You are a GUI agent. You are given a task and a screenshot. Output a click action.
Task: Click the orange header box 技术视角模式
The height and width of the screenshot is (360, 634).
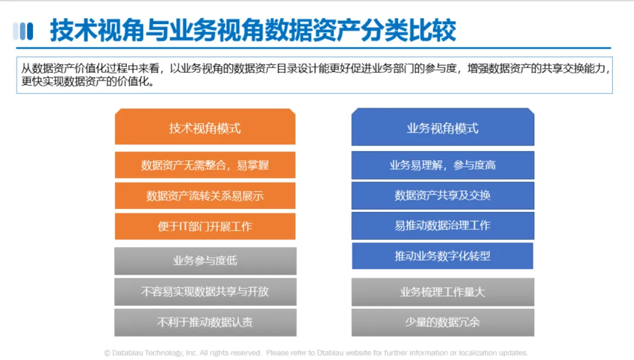tap(205, 127)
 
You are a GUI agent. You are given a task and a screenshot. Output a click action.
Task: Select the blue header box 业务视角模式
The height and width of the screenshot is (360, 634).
tap(443, 127)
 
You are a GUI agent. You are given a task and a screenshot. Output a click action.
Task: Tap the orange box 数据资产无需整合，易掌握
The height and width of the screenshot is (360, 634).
tap(205, 165)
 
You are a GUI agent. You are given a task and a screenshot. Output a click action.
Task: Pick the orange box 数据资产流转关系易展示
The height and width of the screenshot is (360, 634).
tap(205, 196)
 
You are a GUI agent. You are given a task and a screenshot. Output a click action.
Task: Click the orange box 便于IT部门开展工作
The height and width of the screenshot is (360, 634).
tap(205, 226)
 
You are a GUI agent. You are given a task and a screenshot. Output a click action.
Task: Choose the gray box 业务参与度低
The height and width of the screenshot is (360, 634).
tap(205, 261)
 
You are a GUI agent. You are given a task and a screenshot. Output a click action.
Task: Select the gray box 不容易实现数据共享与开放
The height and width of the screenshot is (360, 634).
tap(205, 292)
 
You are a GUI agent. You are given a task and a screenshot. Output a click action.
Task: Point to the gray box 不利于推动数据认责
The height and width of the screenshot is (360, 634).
tap(205, 322)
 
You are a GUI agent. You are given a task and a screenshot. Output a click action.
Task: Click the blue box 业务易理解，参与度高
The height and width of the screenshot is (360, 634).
tap(443, 165)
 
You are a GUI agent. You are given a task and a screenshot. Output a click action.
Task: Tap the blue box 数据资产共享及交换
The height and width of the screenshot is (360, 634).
tap(443, 196)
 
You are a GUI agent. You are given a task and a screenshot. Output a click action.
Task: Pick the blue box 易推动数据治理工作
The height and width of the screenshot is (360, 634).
tap(443, 226)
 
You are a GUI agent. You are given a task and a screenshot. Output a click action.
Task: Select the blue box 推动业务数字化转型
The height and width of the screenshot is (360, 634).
tap(443, 256)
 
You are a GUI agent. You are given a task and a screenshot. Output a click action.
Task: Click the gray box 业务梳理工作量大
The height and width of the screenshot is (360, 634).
tap(443, 292)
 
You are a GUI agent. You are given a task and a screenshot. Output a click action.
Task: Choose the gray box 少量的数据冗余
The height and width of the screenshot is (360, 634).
tap(443, 322)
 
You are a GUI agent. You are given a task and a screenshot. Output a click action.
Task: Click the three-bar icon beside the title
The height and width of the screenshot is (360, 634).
tap(23, 31)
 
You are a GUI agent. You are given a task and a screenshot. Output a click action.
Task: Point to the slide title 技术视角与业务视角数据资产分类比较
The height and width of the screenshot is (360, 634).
tap(253, 31)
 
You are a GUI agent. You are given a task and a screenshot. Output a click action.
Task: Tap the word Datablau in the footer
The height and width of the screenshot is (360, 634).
tap(127, 353)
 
